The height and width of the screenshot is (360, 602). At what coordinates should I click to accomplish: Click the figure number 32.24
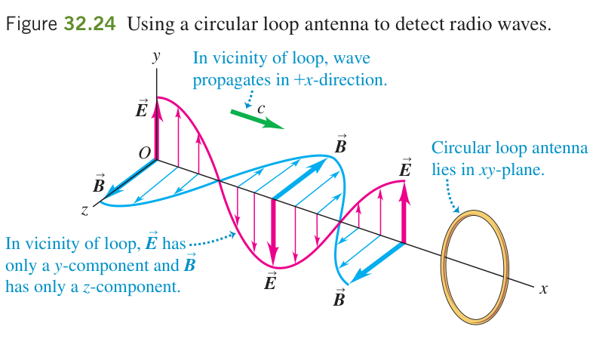90,24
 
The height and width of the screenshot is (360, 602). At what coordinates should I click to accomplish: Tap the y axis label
156,57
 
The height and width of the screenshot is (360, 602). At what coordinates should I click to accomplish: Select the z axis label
84,210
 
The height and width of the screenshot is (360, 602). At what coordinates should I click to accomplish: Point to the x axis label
543,289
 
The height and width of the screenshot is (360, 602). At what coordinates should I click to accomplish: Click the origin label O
144,153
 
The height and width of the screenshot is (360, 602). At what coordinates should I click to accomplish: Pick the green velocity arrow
256,119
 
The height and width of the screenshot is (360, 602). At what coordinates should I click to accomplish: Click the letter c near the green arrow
261,109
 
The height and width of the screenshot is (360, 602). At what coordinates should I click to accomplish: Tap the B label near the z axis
99,183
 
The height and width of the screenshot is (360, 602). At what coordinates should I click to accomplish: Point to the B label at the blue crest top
340,144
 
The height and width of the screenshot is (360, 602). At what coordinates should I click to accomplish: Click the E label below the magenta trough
270,281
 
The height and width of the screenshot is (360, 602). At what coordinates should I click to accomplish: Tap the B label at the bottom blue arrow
339,298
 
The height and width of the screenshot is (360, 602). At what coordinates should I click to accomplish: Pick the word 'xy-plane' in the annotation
511,171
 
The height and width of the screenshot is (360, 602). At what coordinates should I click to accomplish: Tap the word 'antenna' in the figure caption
336,24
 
